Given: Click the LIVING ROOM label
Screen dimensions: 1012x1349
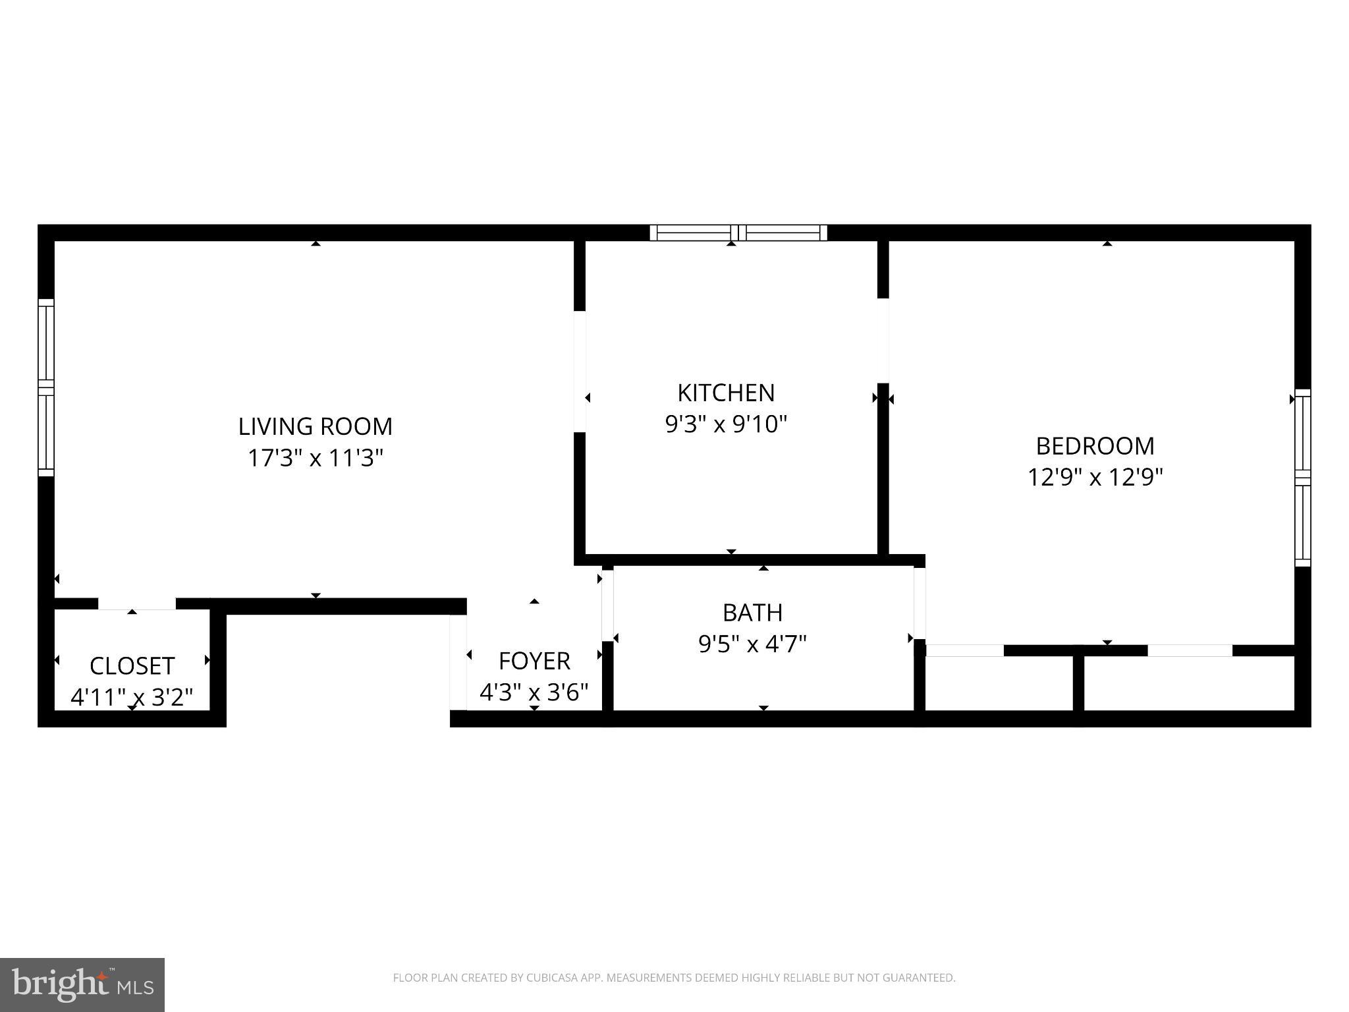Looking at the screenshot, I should tap(315, 426).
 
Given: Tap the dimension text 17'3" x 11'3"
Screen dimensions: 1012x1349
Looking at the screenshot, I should tap(315, 457).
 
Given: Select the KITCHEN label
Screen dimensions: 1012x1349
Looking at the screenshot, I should tap(726, 393).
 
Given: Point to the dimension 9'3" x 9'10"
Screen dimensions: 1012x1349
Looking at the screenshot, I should tap(726, 424).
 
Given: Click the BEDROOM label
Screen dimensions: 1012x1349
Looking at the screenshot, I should tap(1095, 446).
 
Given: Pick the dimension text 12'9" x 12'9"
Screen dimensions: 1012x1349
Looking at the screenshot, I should tap(1095, 477).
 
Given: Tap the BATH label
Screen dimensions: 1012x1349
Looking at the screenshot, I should tap(752, 613).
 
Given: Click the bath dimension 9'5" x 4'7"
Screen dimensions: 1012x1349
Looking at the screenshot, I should tap(752, 644).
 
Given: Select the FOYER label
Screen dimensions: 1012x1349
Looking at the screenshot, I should tap(534, 660).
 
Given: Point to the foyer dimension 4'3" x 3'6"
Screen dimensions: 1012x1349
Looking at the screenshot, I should tap(534, 692).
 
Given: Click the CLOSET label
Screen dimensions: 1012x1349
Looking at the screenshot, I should tap(132, 665).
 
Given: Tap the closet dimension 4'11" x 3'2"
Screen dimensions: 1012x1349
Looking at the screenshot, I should tap(132, 697).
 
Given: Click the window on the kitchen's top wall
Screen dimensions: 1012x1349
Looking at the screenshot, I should tap(738, 233).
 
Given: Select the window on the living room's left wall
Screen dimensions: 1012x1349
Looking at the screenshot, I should tap(45, 387).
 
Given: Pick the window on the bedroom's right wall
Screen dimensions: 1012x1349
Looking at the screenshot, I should tap(1302, 478).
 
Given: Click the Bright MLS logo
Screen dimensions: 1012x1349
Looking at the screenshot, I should tap(82, 984).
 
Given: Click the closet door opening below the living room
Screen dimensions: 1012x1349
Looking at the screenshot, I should tap(137, 604).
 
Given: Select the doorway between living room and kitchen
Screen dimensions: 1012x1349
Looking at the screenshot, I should tap(580, 371).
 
